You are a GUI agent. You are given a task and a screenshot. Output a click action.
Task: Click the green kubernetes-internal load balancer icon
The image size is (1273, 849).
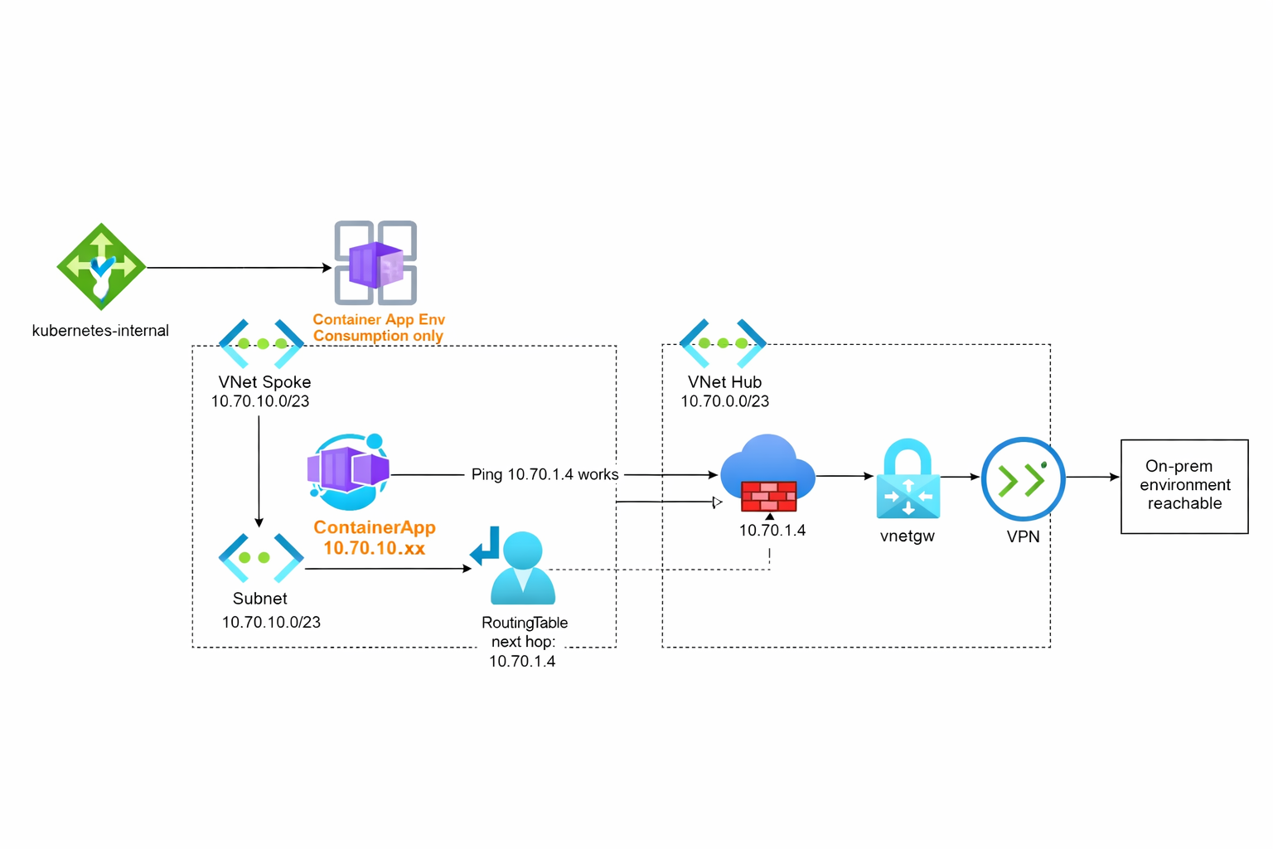point(101,266)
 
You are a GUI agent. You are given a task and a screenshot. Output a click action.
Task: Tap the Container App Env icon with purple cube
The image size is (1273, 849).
point(375,263)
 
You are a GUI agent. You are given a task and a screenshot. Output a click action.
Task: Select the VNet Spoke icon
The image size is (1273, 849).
point(262,343)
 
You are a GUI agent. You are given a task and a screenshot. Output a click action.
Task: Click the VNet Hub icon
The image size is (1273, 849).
point(723,343)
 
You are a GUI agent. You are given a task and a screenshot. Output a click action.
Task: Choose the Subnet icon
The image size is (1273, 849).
point(261,557)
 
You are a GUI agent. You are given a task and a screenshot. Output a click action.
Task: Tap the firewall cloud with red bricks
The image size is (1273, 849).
point(767,474)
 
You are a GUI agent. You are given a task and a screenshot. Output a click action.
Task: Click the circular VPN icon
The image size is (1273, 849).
point(1023,479)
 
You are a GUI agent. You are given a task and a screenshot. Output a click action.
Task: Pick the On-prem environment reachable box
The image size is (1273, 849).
point(1184,486)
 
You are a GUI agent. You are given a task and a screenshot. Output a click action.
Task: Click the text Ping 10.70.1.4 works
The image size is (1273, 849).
point(545,474)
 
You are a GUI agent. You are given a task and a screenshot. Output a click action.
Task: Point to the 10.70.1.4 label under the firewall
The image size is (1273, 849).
point(772,531)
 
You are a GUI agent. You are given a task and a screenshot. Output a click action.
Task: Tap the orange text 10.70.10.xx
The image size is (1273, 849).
point(374,548)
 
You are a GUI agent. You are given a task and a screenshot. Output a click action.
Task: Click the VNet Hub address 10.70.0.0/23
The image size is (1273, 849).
point(724,401)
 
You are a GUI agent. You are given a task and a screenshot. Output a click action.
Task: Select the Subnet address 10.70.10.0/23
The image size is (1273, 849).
point(271,622)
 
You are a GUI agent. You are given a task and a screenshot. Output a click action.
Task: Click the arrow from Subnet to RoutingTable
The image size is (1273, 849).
point(387,569)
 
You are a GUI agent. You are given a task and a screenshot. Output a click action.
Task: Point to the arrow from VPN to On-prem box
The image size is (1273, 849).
point(1092,478)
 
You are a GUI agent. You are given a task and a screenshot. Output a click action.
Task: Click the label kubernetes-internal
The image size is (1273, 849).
point(100,331)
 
